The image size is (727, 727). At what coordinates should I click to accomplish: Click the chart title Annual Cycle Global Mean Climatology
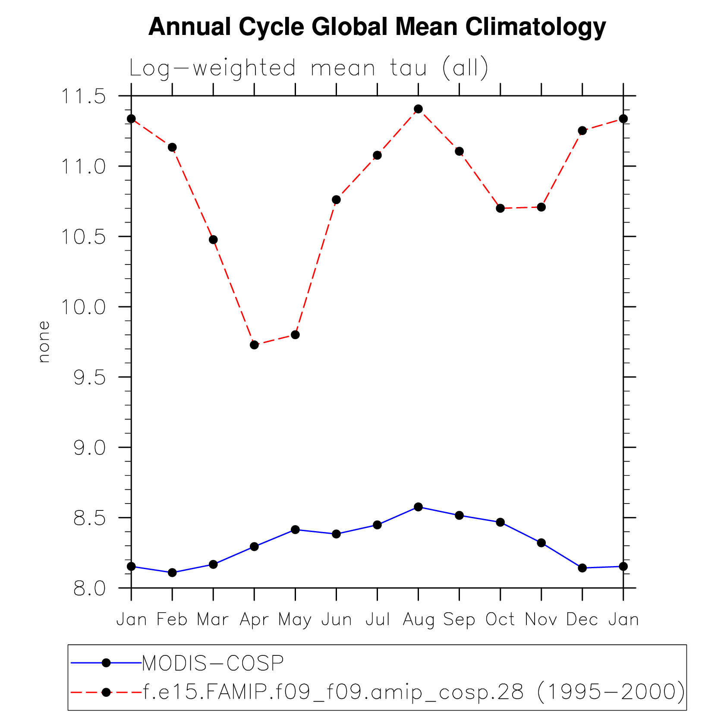coord(377,27)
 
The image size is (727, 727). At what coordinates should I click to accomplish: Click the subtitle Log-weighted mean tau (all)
coord(308,69)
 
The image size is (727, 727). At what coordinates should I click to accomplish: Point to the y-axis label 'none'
coord(44,342)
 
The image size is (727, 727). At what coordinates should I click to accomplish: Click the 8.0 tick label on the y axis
coord(89,589)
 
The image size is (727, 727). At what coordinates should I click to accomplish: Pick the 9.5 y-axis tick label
coord(89,378)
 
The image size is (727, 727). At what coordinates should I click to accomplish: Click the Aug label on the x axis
coord(418,620)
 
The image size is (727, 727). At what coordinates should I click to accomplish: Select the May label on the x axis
coord(295,620)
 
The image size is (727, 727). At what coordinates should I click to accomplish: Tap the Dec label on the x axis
coord(582,620)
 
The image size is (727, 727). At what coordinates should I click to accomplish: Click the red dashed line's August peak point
coord(418,109)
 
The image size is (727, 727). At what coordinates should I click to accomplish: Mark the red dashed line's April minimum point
coord(254,345)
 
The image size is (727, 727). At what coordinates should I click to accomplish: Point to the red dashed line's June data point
coord(336,200)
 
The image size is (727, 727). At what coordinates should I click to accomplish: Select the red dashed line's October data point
coord(500,208)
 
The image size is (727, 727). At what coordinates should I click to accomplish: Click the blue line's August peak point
coord(418,507)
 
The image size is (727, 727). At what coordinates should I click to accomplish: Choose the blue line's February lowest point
coord(172,573)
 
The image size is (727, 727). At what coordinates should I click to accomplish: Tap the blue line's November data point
coord(541,543)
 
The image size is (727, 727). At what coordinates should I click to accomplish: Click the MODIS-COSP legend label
coord(213,663)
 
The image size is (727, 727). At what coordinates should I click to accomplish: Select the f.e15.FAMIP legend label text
coord(413,692)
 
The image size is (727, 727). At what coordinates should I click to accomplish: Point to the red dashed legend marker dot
coord(106,692)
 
